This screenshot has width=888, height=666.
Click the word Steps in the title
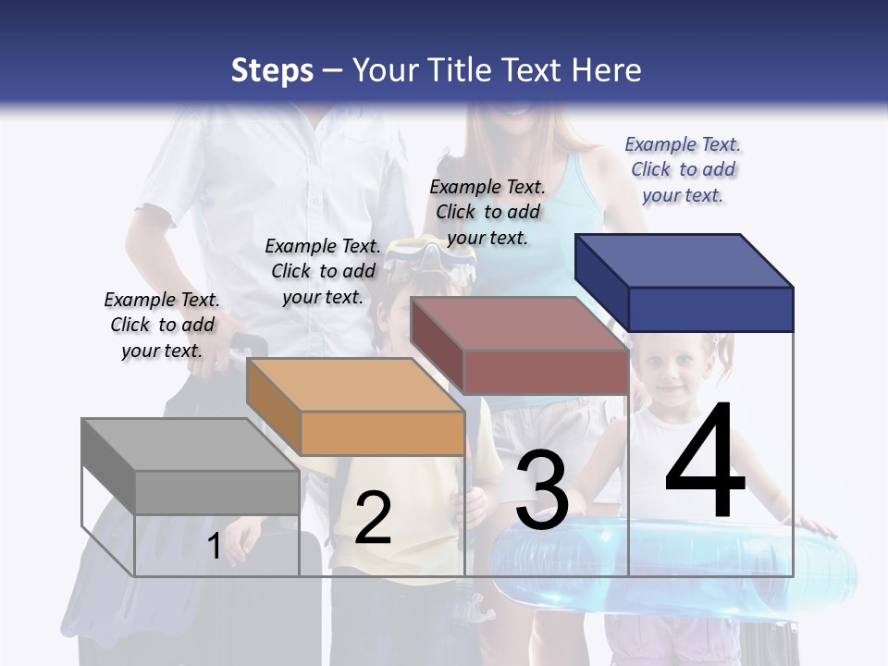(272, 70)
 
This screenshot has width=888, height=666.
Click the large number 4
(705, 462)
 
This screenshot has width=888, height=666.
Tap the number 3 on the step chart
(542, 490)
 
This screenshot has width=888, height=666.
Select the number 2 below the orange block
(373, 518)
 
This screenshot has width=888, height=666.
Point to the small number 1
(214, 547)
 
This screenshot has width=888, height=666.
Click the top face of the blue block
(684, 260)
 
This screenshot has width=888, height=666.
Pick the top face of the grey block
(190, 445)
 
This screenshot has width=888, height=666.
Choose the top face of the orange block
(355, 385)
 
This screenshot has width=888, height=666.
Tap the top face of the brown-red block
(519, 324)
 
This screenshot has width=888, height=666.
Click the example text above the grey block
(162, 325)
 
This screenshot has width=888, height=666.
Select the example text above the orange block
(323, 271)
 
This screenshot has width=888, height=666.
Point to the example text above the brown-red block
(487, 212)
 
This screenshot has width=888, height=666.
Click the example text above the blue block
(683, 169)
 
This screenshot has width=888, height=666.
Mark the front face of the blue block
(710, 309)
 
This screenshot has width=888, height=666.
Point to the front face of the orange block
(382, 433)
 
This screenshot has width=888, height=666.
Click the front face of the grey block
(217, 492)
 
